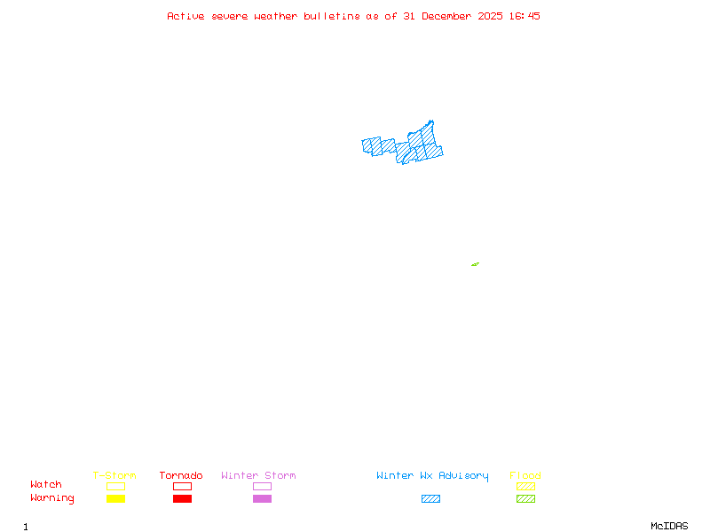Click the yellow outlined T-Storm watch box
click(x=115, y=486)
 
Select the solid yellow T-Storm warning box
click(x=115, y=498)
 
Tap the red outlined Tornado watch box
click(x=182, y=486)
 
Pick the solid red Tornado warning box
click(x=182, y=498)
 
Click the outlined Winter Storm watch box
click(x=262, y=486)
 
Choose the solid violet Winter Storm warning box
click(x=262, y=498)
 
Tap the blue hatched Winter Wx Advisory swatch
click(x=430, y=498)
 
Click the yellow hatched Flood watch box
click(x=525, y=486)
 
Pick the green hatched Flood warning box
click(x=525, y=498)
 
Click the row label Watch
click(x=46, y=485)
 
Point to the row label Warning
click(x=52, y=498)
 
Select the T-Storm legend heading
click(x=114, y=475)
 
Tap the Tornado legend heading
click(x=181, y=475)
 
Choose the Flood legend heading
click(x=525, y=475)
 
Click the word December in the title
click(x=451, y=16)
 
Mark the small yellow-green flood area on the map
click(x=475, y=264)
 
